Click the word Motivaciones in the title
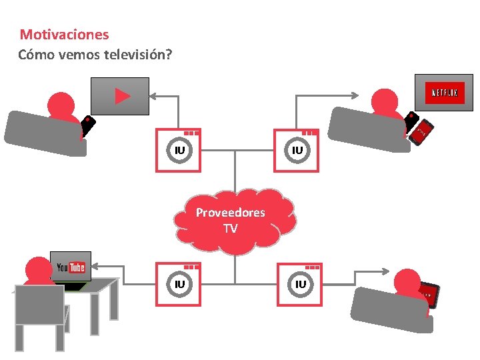64,34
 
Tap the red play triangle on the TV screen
122,97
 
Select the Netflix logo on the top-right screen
445,93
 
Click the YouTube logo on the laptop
71,267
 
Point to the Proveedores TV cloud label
230,220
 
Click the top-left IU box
178,151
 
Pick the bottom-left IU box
178,285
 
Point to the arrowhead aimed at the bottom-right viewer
387,271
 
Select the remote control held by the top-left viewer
87,127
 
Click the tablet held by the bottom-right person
428,294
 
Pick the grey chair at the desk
40,317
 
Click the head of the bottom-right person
408,282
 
